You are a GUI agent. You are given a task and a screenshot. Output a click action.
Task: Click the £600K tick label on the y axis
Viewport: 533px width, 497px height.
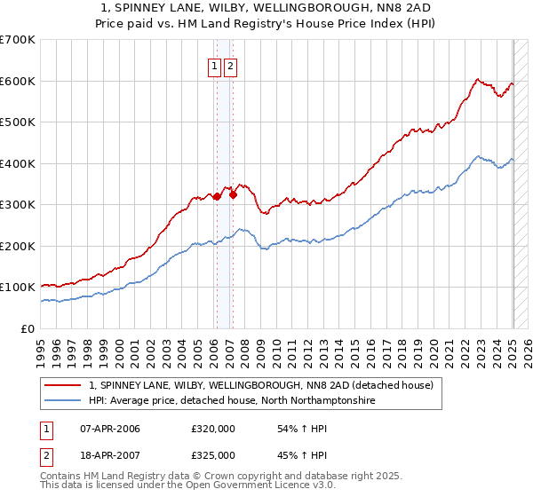(18, 81)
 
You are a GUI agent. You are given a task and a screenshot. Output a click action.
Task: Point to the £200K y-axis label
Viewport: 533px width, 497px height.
(18, 246)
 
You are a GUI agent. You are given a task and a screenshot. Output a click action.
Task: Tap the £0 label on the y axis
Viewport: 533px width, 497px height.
(28, 328)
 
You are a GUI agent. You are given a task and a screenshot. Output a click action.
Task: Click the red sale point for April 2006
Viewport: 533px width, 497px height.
(217, 196)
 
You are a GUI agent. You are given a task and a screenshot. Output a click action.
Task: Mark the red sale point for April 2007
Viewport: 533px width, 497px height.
(233, 194)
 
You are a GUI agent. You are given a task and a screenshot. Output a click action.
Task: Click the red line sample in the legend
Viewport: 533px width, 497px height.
(62, 386)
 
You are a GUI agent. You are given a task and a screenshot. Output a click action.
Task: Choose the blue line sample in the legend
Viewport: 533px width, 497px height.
(62, 401)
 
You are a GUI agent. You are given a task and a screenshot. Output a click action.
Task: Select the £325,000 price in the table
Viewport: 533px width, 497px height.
(213, 455)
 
